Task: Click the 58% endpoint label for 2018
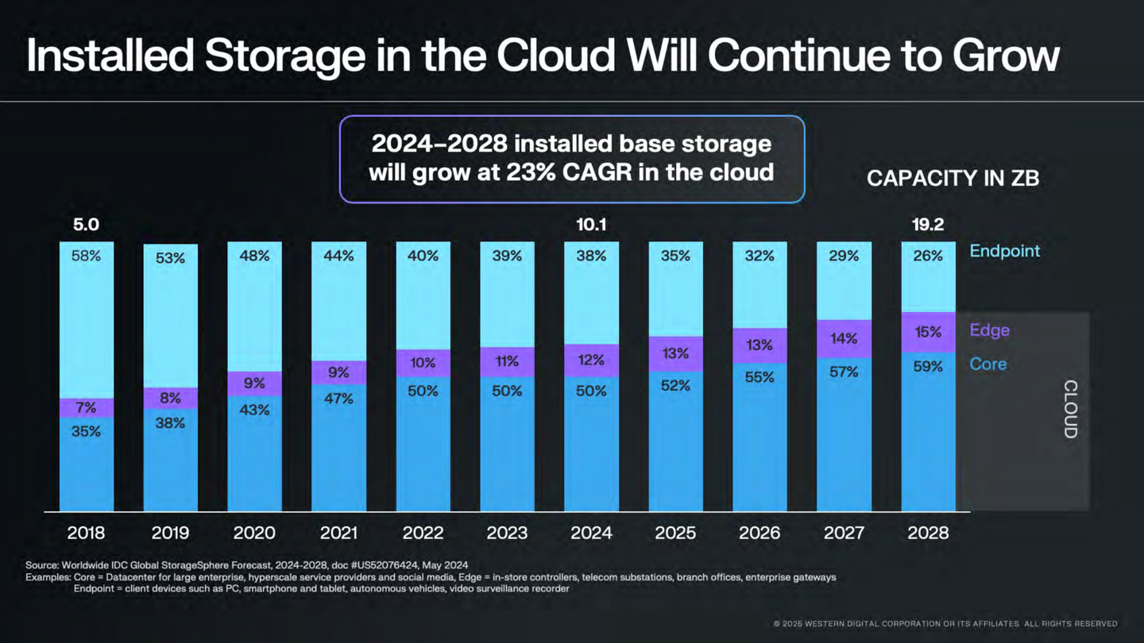pos(86,256)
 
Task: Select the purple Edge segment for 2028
pos(928,332)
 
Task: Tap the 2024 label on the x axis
pos(591,533)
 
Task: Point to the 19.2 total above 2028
pos(928,225)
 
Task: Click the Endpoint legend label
pos(1004,251)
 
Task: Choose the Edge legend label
pos(989,330)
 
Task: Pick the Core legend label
pos(987,364)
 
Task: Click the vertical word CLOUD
pos(1070,410)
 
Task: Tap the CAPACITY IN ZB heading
pos(953,179)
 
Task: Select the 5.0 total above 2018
pos(86,225)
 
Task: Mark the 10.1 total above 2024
pos(591,225)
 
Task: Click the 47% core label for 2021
pos(338,399)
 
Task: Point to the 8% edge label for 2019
pos(170,399)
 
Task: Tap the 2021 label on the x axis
pos(338,533)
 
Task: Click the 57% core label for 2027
pos(844,372)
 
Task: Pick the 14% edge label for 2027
pos(844,339)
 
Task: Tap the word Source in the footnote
pos(42,564)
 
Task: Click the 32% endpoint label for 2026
pos(759,256)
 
